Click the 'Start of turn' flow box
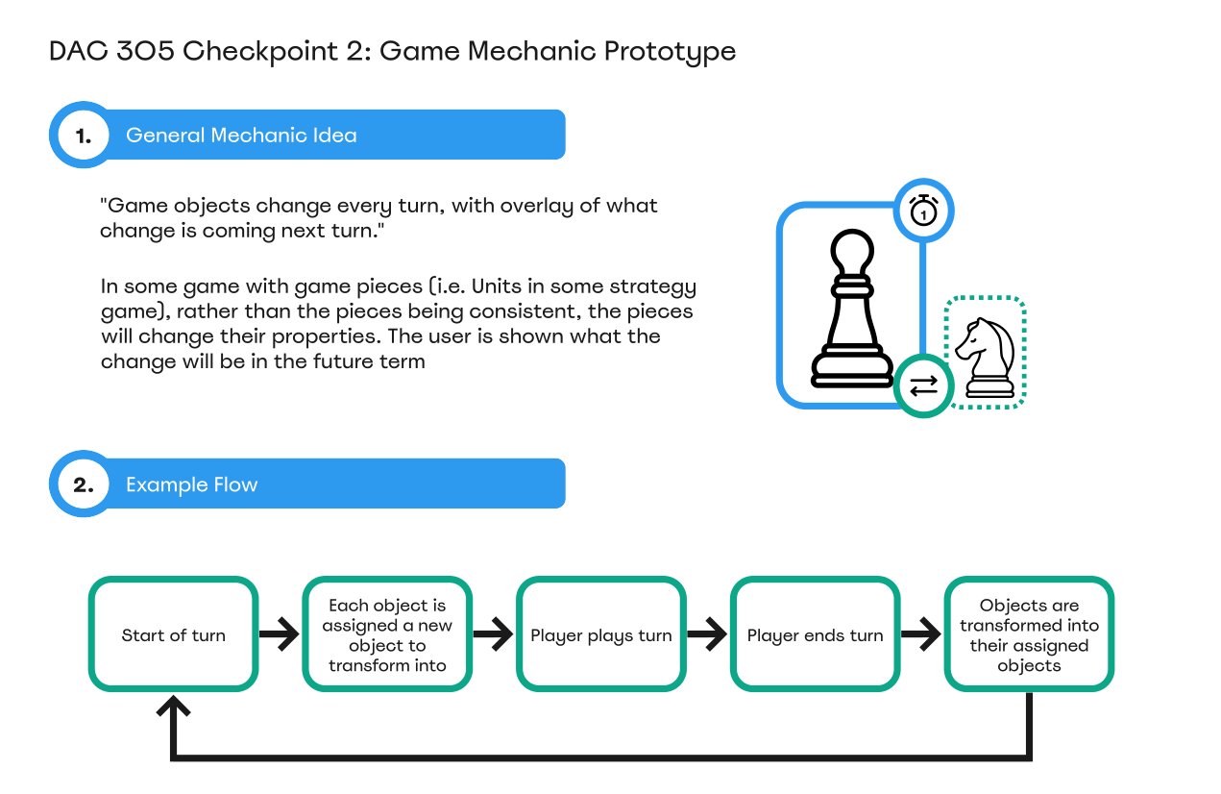[173, 634]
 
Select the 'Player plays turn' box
[600, 634]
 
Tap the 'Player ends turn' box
[815, 634]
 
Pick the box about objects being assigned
[387, 634]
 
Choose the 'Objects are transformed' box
[1029, 634]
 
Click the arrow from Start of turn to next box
[280, 634]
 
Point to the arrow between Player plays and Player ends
[707, 634]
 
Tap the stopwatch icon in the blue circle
[923, 211]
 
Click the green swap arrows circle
[923, 386]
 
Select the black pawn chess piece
[852, 309]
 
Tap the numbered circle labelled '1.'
[84, 135]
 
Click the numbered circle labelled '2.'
[84, 484]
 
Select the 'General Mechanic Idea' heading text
[241, 136]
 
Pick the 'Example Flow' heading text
[192, 484]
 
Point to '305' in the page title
[145, 51]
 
